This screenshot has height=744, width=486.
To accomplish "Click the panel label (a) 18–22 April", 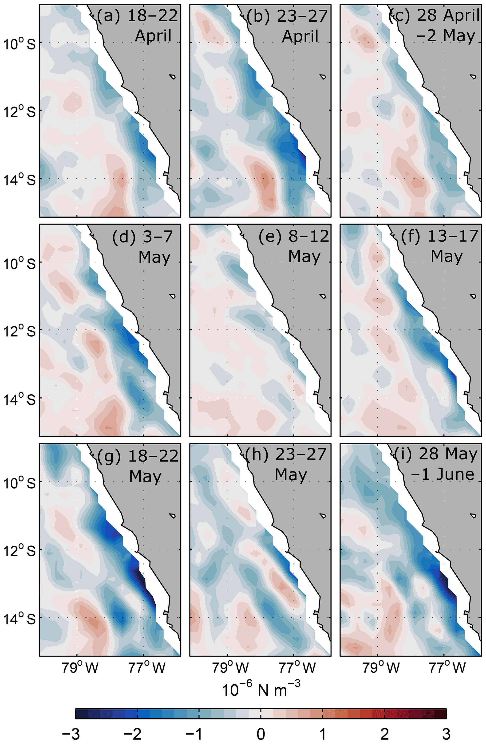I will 138,26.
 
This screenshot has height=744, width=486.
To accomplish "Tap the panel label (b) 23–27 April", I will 287,26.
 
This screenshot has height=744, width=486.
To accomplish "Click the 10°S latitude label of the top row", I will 19,44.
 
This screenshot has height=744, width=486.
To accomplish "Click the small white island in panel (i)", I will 473,516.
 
